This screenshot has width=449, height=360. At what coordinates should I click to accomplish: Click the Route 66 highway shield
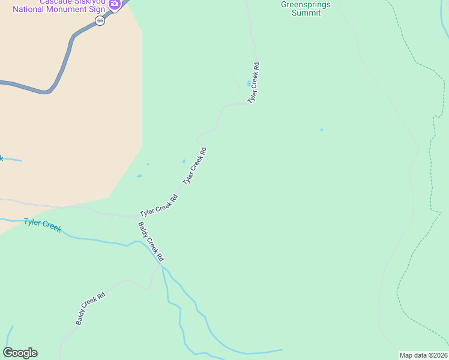pos(100,20)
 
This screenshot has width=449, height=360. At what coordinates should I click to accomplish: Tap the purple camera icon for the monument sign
pos(114,4)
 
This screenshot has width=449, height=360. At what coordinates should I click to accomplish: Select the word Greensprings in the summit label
pos(306,4)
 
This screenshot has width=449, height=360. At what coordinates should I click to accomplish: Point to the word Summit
pos(306,13)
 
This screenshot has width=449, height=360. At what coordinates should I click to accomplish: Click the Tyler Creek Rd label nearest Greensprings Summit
pos(254,82)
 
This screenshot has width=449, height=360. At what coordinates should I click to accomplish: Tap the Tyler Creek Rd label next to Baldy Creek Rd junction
pos(158,206)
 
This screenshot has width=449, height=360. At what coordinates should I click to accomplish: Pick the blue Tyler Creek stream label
pos(42,226)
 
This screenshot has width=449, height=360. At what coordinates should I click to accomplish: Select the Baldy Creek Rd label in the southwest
pos(91,308)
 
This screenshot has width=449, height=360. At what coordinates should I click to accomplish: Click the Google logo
pos(20,353)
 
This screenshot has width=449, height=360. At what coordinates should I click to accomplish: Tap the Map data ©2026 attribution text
pos(423,355)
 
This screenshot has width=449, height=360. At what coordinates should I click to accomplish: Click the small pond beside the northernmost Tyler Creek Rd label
pos(249,83)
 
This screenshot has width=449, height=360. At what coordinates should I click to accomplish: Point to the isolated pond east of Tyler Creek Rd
pos(322,130)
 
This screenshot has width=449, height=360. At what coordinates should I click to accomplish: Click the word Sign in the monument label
pos(95,10)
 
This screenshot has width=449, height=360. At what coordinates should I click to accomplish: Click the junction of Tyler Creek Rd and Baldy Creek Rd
pos(137,216)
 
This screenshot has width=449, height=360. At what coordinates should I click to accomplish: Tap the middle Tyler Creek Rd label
pos(194,166)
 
